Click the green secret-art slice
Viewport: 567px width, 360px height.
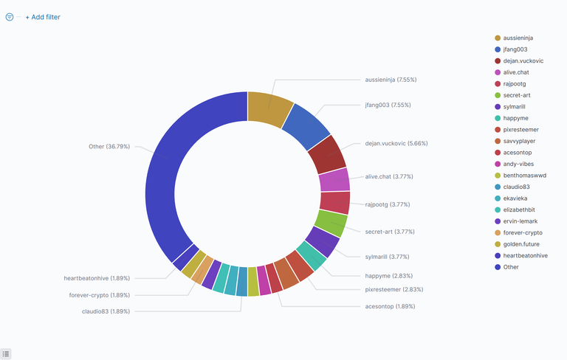tap(330, 222)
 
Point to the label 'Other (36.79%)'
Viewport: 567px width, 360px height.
tap(109, 146)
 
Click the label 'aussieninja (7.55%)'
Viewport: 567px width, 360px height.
tap(391, 79)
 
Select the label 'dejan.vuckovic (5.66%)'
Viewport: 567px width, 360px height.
tap(396, 143)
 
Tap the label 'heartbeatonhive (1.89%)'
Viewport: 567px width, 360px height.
tap(97, 278)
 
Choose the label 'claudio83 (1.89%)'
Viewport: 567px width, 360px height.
tap(106, 311)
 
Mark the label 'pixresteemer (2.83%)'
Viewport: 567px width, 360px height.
tap(394, 289)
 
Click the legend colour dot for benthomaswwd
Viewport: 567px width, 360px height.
tap(498, 175)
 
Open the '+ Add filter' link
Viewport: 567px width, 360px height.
tap(43, 17)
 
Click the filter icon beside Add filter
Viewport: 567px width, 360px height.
tap(10, 17)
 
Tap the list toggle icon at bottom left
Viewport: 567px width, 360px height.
tap(6, 354)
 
